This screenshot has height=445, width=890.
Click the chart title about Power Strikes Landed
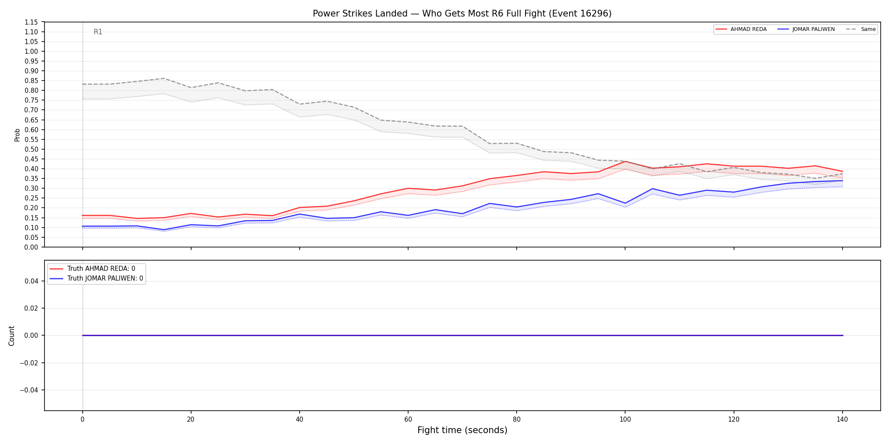click(462, 14)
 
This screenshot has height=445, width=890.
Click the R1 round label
click(98, 32)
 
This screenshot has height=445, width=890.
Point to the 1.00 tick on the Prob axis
click(31, 51)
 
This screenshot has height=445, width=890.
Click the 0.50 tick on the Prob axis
click(31, 149)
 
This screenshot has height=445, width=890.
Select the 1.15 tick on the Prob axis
click(31, 22)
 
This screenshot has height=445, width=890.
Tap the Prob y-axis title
click(17, 135)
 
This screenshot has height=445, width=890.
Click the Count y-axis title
click(11, 336)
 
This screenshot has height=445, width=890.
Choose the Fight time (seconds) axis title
click(462, 430)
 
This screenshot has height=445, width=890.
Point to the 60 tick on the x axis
click(408, 420)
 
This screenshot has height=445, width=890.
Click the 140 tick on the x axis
click(842, 420)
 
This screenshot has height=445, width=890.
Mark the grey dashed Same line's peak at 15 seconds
click(164, 78)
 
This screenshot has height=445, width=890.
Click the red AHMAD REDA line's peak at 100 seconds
click(625, 161)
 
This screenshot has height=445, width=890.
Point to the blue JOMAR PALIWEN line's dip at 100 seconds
click(625, 203)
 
